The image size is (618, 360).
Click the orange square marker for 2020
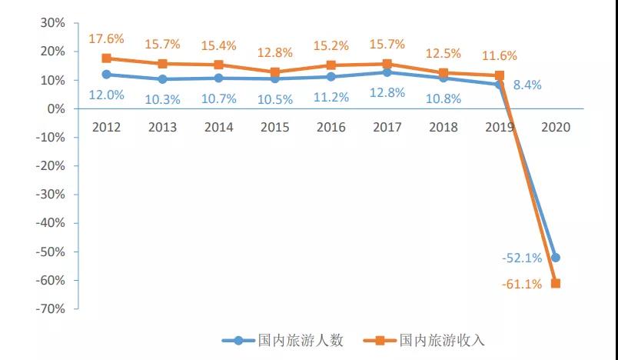(x=556, y=283)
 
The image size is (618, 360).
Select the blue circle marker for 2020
(x=556, y=258)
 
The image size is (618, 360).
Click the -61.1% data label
(x=522, y=284)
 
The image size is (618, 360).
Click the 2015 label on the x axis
(x=274, y=128)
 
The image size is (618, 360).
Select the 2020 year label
(x=556, y=128)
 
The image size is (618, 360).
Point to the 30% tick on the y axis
(x=51, y=23)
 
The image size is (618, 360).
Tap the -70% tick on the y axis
(x=49, y=309)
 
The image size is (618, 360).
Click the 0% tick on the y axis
(x=55, y=108)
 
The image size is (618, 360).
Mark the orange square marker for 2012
(x=106, y=58)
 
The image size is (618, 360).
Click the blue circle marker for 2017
(x=387, y=72)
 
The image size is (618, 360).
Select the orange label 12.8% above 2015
(x=274, y=53)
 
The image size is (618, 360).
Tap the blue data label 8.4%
(x=527, y=85)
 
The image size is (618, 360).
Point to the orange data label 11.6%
(x=499, y=55)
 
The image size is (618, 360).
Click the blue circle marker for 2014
(x=218, y=78)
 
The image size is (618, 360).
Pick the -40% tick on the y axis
(x=49, y=223)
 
